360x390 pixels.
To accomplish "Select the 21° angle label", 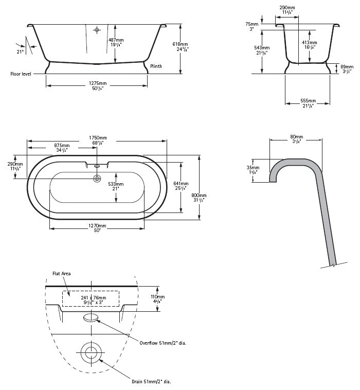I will (21, 52).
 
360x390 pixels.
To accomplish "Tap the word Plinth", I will (156, 66).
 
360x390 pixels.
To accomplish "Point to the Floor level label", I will (21, 74).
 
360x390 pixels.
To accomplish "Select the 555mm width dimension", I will (308, 101).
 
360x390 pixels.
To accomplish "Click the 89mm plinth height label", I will (347, 67).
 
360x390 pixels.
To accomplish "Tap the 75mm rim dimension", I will (251, 24).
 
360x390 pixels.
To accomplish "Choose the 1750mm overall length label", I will (97, 138).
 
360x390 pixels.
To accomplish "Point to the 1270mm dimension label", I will (97, 226).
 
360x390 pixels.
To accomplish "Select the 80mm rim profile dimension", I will (296, 137).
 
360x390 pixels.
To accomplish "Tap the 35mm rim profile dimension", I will (253, 168).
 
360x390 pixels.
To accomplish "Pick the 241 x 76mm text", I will (91, 297).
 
